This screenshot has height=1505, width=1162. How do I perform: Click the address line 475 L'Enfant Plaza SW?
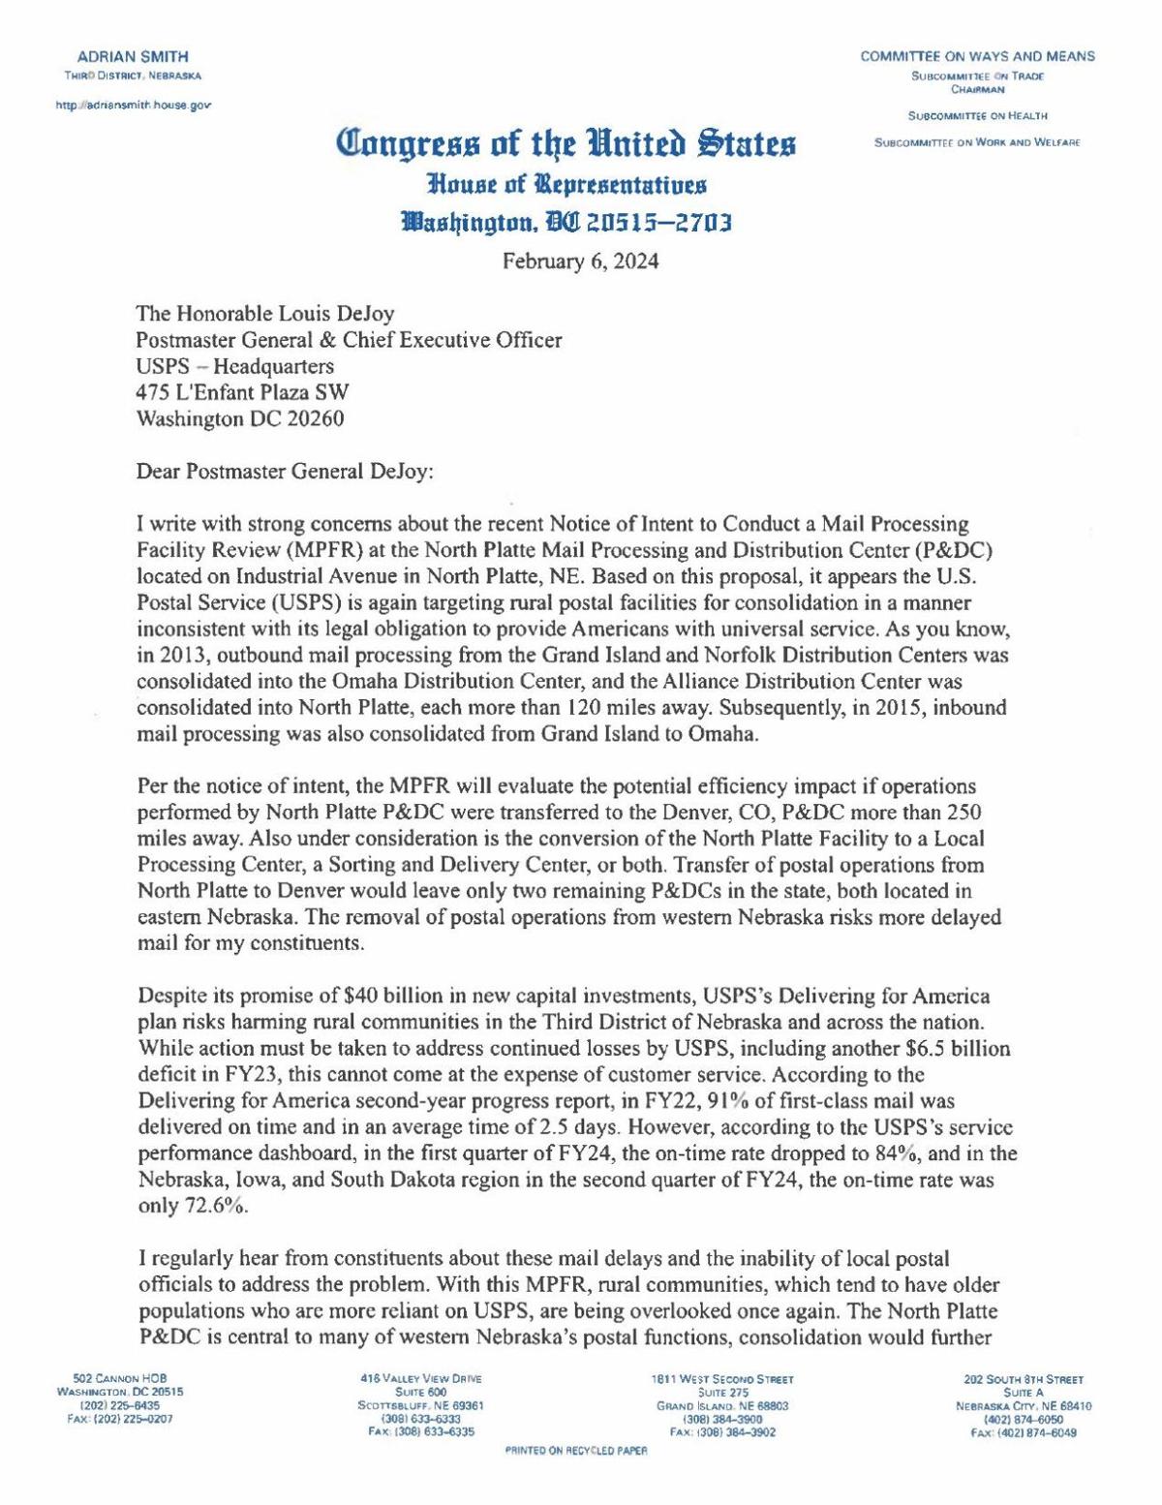[x=243, y=393]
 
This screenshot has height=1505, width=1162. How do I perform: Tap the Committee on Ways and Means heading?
[x=978, y=56]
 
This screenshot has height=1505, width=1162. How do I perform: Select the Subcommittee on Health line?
[x=977, y=117]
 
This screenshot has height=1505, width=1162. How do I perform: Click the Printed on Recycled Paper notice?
[x=576, y=1479]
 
